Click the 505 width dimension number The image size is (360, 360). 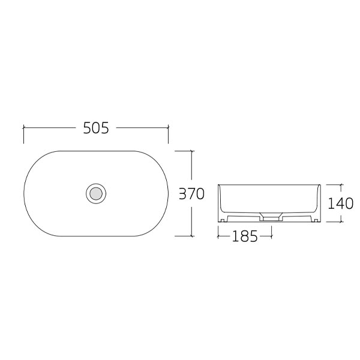click(95, 128)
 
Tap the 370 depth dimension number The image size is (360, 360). click(192, 194)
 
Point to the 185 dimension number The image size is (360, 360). click(245, 236)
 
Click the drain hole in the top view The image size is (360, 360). click(95, 193)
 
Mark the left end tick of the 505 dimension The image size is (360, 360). click(23, 128)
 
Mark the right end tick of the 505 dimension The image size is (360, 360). click(168, 128)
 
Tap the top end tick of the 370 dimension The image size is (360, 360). click(192, 151)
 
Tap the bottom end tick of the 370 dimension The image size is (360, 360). click(192, 236)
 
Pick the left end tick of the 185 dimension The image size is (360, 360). click(217, 236)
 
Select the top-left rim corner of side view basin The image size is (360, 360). click(218, 184)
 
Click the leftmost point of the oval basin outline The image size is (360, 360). click(23, 193)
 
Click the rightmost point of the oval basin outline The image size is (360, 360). click(168, 193)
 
